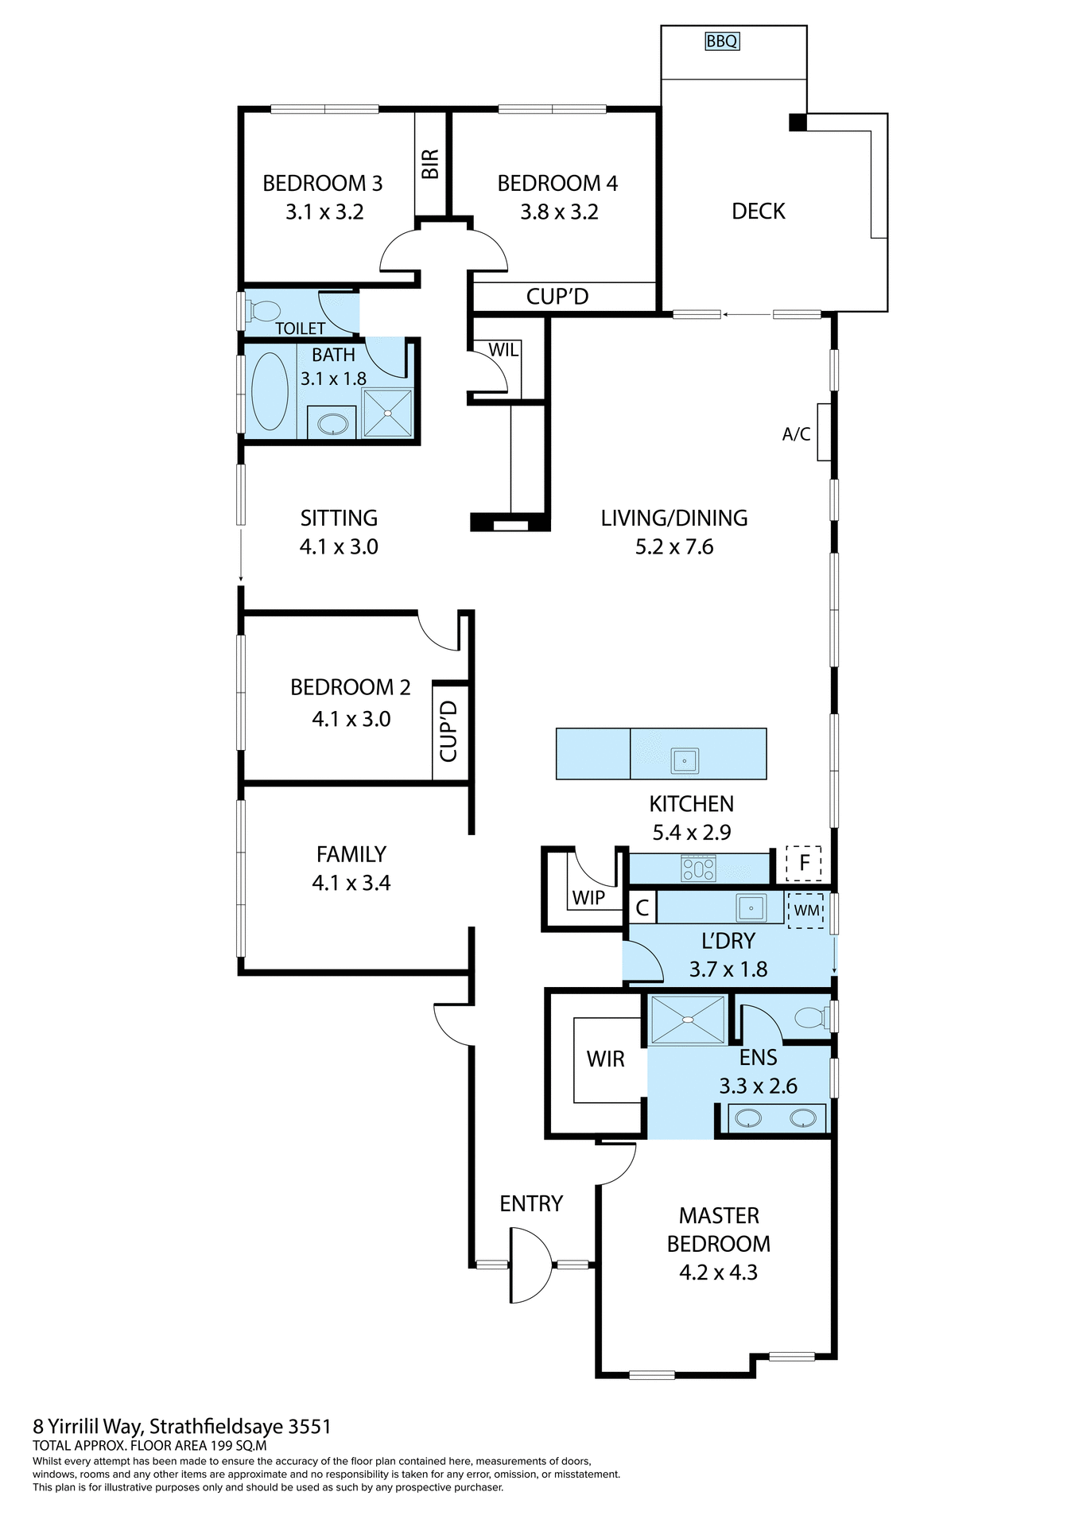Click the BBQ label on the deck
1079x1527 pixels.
tap(722, 41)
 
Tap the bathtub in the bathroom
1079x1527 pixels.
tap(270, 391)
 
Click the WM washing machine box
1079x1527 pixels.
tap(806, 910)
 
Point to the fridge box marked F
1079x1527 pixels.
tap(804, 863)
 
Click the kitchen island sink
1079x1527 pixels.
tap(684, 760)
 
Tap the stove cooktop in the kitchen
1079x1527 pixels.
tap(698, 868)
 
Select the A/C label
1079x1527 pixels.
tap(796, 434)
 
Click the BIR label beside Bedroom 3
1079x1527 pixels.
tap(430, 164)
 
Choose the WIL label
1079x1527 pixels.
tap(503, 350)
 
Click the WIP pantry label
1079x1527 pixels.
tap(588, 897)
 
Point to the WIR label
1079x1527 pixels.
tap(606, 1059)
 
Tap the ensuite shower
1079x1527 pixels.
tap(688, 1020)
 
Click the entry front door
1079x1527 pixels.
tap(529, 1265)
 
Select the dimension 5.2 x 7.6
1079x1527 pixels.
tap(674, 547)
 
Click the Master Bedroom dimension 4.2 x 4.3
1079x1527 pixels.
tap(718, 1272)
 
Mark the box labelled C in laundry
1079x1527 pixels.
tap(642, 908)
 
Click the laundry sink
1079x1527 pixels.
tap(751, 907)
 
